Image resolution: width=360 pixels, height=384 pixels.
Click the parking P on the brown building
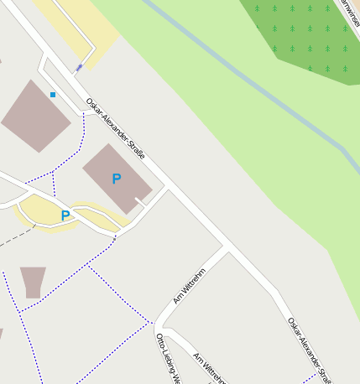116,179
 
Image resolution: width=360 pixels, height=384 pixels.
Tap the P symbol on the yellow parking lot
65,216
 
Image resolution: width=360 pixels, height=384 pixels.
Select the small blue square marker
53,95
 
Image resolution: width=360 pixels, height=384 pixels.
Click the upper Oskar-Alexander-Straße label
116,129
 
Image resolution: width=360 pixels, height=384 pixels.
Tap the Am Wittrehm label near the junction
190,286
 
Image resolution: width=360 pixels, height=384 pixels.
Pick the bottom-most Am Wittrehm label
210,368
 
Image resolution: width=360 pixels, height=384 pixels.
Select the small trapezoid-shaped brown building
34,281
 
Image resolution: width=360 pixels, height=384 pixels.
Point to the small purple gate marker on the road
80,67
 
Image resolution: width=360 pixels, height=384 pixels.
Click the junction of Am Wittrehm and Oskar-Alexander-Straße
227,248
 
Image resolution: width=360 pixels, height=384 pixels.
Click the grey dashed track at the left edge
13,240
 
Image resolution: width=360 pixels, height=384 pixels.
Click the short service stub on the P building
141,201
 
